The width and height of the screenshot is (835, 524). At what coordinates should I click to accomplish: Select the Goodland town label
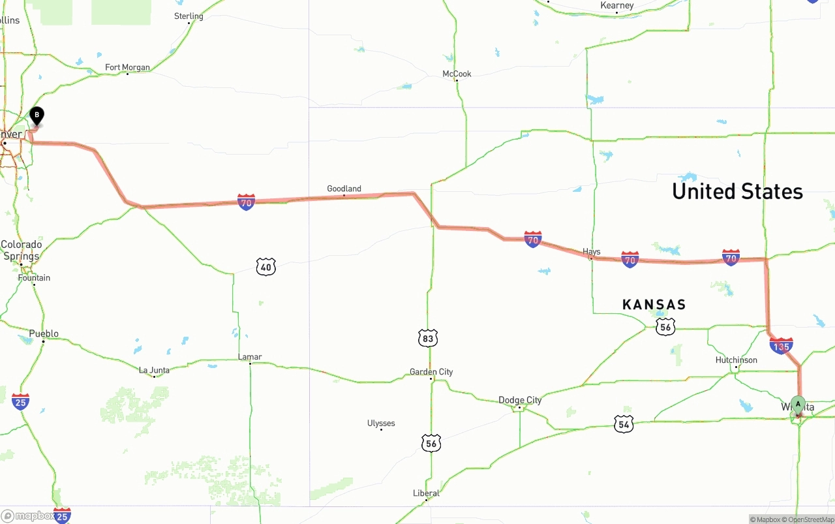344,189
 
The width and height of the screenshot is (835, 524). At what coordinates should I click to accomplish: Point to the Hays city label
591,252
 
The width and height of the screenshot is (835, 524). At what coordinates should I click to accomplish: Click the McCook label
457,74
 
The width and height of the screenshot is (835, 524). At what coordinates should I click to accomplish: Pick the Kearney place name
616,6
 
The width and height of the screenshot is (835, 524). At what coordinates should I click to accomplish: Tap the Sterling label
189,16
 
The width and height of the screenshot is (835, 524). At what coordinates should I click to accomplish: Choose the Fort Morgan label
127,67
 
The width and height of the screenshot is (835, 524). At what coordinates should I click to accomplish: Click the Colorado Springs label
21,251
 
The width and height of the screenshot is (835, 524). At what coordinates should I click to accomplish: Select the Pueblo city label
44,333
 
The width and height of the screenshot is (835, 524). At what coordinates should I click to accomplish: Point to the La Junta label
154,370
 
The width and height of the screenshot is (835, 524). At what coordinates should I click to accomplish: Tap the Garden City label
431,372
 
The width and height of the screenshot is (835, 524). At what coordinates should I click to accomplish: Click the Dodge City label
520,400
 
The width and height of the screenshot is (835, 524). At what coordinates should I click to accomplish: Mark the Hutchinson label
736,360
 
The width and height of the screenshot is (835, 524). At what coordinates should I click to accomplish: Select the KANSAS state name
654,305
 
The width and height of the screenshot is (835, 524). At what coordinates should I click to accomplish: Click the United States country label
737,191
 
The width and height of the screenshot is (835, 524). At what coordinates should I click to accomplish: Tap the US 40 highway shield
266,266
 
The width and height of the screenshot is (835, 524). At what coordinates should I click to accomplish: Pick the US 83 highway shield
428,338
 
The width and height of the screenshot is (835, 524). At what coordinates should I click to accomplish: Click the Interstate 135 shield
781,346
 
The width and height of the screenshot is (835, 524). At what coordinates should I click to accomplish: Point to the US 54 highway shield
624,424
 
